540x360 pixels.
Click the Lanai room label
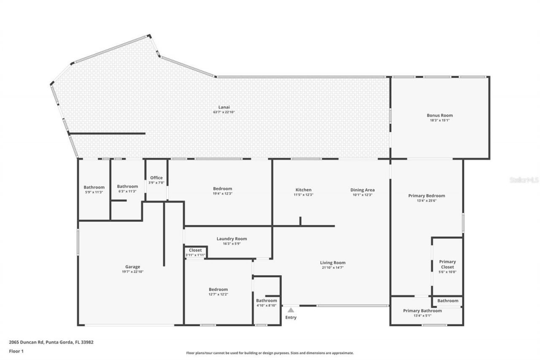tap(224, 107)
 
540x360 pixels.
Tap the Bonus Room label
tap(440, 115)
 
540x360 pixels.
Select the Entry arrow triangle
tap(291, 310)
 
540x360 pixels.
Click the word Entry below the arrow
tap(291, 317)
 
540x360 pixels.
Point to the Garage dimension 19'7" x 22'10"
tap(132, 272)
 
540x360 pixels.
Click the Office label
tap(156, 178)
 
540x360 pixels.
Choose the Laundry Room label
tap(232, 239)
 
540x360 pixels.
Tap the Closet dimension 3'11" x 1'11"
tap(195, 255)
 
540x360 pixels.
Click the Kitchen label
tap(303, 190)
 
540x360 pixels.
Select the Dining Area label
tap(362, 190)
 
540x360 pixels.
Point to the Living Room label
tap(332, 263)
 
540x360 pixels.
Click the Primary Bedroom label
tap(427, 195)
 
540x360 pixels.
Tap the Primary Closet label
tap(447, 264)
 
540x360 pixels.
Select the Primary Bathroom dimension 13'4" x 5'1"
tap(422, 316)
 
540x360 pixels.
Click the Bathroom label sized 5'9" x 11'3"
tap(94, 187)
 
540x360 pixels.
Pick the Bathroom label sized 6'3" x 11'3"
tap(127, 186)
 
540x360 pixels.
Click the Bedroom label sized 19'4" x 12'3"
tap(222, 189)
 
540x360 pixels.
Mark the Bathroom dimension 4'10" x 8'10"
tap(267, 306)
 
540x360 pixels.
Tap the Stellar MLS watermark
tap(524, 180)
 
